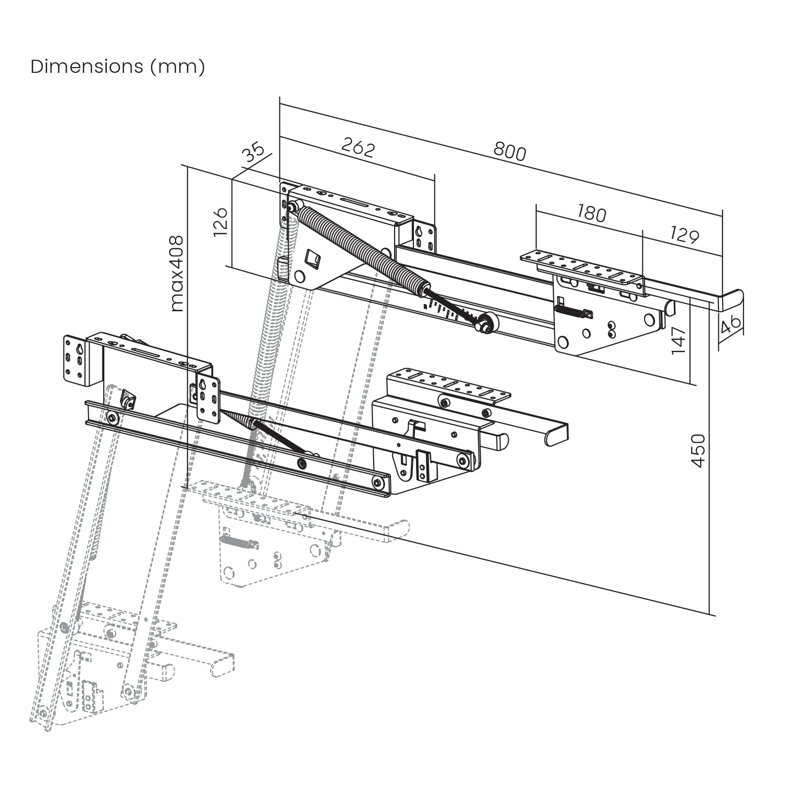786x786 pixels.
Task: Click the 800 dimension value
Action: (x=509, y=151)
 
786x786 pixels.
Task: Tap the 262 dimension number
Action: (x=358, y=148)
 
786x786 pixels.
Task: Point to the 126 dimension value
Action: (x=221, y=222)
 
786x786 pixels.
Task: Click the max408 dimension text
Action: (x=177, y=274)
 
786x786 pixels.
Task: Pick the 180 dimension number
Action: (x=591, y=213)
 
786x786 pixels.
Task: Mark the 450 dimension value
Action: (x=698, y=450)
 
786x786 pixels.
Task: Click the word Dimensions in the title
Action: (x=86, y=67)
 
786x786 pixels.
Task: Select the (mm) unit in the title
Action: (x=178, y=67)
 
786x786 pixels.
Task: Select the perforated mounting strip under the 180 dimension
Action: (x=582, y=268)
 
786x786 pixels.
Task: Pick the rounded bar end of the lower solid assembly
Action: (x=556, y=434)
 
